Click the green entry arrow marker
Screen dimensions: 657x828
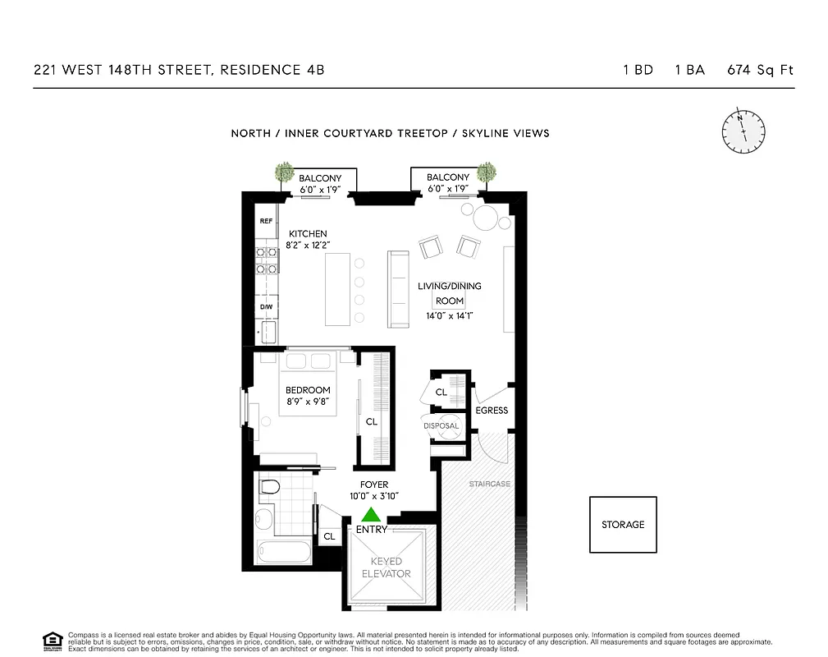[x=371, y=515]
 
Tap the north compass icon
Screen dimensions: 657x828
[x=743, y=130]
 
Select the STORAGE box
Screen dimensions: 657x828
[x=623, y=524]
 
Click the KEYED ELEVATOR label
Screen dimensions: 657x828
[x=386, y=567]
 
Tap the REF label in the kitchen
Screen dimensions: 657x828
[x=266, y=221]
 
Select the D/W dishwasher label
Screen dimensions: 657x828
[x=266, y=306]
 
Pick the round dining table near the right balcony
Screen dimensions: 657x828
[x=487, y=218]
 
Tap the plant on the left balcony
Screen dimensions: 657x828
[x=285, y=172]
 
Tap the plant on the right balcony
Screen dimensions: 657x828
[x=487, y=172]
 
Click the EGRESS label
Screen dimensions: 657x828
[x=492, y=411]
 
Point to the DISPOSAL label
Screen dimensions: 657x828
[x=441, y=426]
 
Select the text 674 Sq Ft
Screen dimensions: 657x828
[x=760, y=70]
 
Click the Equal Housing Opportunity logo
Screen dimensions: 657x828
[x=53, y=640]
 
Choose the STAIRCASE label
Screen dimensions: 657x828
[x=489, y=485]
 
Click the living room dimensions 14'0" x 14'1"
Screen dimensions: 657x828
[x=449, y=315]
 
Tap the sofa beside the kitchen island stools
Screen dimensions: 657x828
[x=398, y=289]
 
